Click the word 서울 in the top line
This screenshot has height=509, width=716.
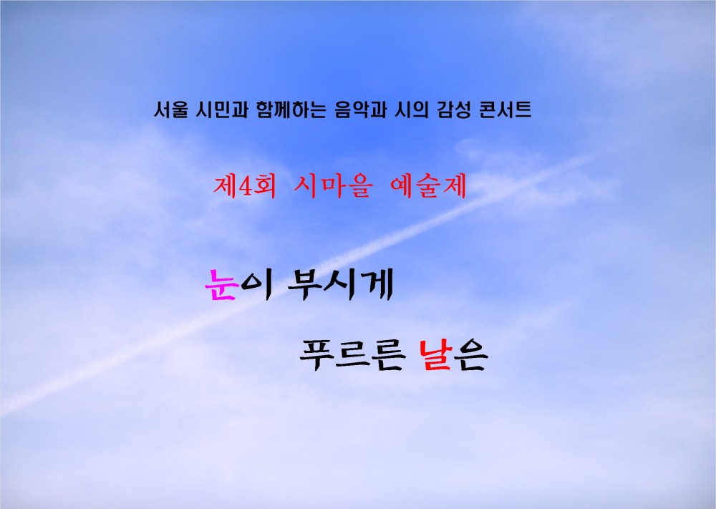coord(170,111)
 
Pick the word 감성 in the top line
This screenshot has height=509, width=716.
coord(449,111)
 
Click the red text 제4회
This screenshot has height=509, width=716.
coord(243,187)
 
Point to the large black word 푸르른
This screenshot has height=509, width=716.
coord(350,356)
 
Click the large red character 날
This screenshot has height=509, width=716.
coord(434,356)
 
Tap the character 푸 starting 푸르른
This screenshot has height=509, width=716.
coord(314,356)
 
